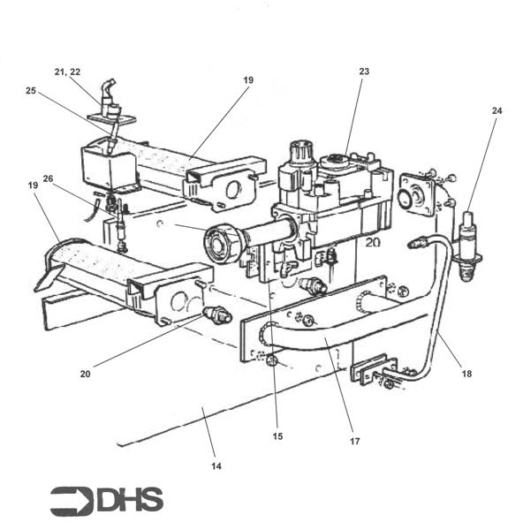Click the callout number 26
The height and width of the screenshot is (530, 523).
(48, 178)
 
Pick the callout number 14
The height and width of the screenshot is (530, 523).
(216, 465)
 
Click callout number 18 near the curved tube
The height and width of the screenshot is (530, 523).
(466, 374)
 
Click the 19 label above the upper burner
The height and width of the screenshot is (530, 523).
(248, 79)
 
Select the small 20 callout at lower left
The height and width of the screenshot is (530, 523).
(85, 373)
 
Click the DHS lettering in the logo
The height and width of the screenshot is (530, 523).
(130, 500)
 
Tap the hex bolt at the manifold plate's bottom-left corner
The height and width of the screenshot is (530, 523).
(272, 360)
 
